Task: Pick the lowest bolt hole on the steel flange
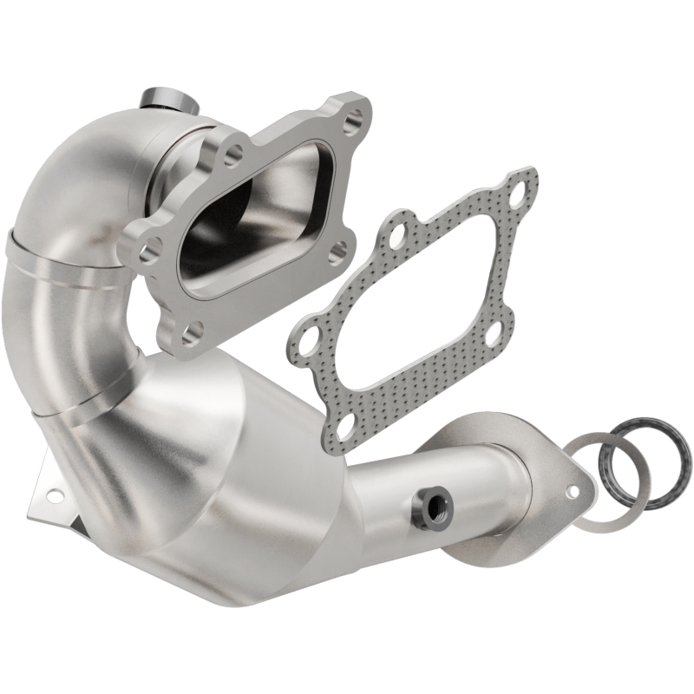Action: click(193, 333)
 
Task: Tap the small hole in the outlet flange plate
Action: click(573, 492)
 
